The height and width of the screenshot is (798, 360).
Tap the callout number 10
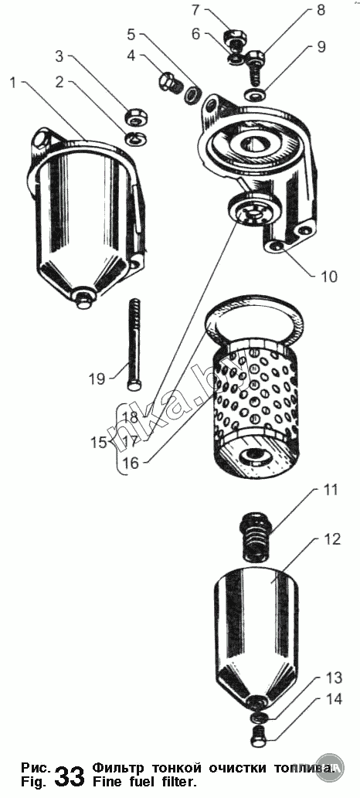pyautogui.click(x=329, y=276)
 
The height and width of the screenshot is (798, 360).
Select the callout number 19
pyautogui.click(x=98, y=379)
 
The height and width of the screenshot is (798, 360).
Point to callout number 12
pyautogui.click(x=331, y=538)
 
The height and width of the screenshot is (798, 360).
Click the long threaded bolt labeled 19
pyautogui.click(x=134, y=345)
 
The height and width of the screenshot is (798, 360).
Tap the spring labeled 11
pyautogui.click(x=256, y=536)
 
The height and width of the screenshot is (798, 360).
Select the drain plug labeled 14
pyautogui.click(x=259, y=736)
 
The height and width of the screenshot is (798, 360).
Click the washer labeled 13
pyautogui.click(x=258, y=717)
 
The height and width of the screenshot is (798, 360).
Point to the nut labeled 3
pyautogui.click(x=137, y=116)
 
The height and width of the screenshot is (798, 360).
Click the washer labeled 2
pyautogui.click(x=135, y=138)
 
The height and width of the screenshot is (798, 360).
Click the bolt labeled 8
pyautogui.click(x=255, y=63)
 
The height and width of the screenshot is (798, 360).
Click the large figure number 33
pyautogui.click(x=69, y=776)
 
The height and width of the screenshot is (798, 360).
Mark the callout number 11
pyautogui.click(x=330, y=491)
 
